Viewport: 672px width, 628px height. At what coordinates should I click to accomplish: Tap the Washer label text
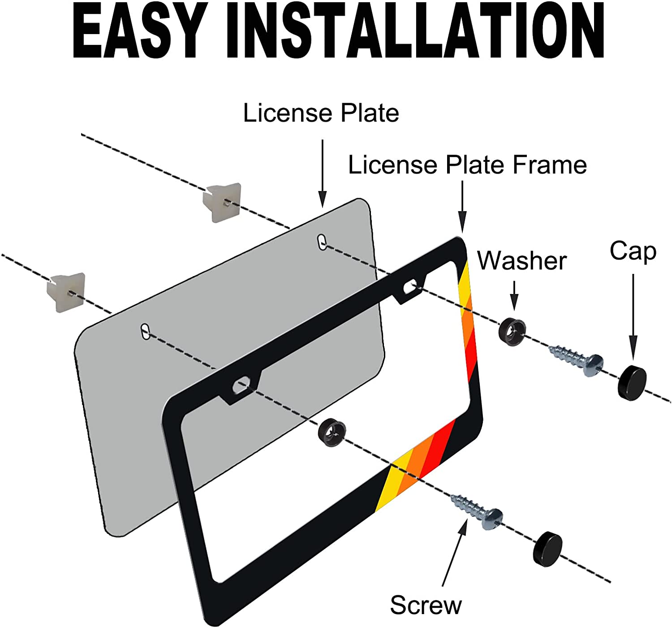(x=522, y=260)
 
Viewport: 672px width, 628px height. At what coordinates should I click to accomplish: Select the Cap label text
(x=633, y=251)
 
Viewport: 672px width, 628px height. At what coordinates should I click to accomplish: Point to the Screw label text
(x=425, y=605)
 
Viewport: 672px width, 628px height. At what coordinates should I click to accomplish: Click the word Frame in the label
(x=550, y=165)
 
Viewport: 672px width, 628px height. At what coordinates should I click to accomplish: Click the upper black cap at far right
(x=632, y=382)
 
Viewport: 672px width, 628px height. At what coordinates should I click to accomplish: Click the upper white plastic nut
(x=222, y=202)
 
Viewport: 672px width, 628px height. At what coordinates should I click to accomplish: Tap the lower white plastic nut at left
(x=66, y=292)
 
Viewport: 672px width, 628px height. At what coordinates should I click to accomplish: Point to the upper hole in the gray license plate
(x=322, y=242)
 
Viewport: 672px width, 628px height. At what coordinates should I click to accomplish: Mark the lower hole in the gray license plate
(x=146, y=331)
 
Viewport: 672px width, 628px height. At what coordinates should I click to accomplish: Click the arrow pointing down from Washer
(x=514, y=296)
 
